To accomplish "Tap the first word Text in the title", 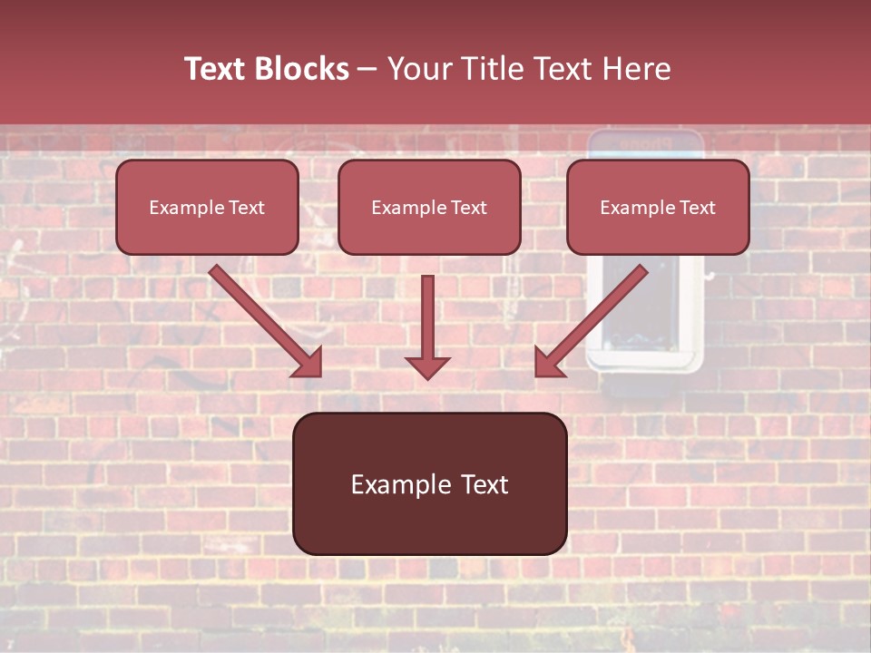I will [218, 69].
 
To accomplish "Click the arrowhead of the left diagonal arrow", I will [308, 363].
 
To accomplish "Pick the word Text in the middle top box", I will [468, 208].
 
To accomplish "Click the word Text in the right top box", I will [697, 208].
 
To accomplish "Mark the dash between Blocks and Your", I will [367, 70].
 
